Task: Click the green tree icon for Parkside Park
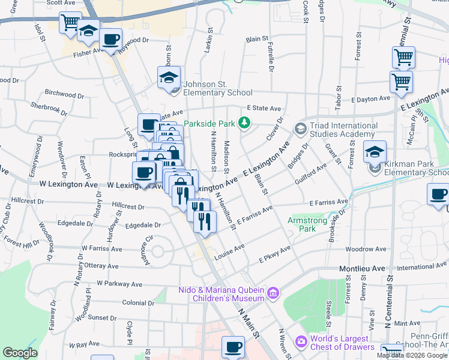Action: point(244,124)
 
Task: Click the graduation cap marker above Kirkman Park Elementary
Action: point(375,151)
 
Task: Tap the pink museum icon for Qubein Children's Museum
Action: point(273,293)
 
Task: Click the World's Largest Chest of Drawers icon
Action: point(300,342)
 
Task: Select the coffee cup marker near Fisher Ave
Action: point(110,40)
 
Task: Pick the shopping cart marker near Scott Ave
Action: point(70,23)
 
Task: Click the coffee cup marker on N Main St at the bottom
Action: point(233,347)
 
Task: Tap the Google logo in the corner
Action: point(20,353)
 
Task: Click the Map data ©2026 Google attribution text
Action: point(412,355)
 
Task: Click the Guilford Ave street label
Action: point(311,175)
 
